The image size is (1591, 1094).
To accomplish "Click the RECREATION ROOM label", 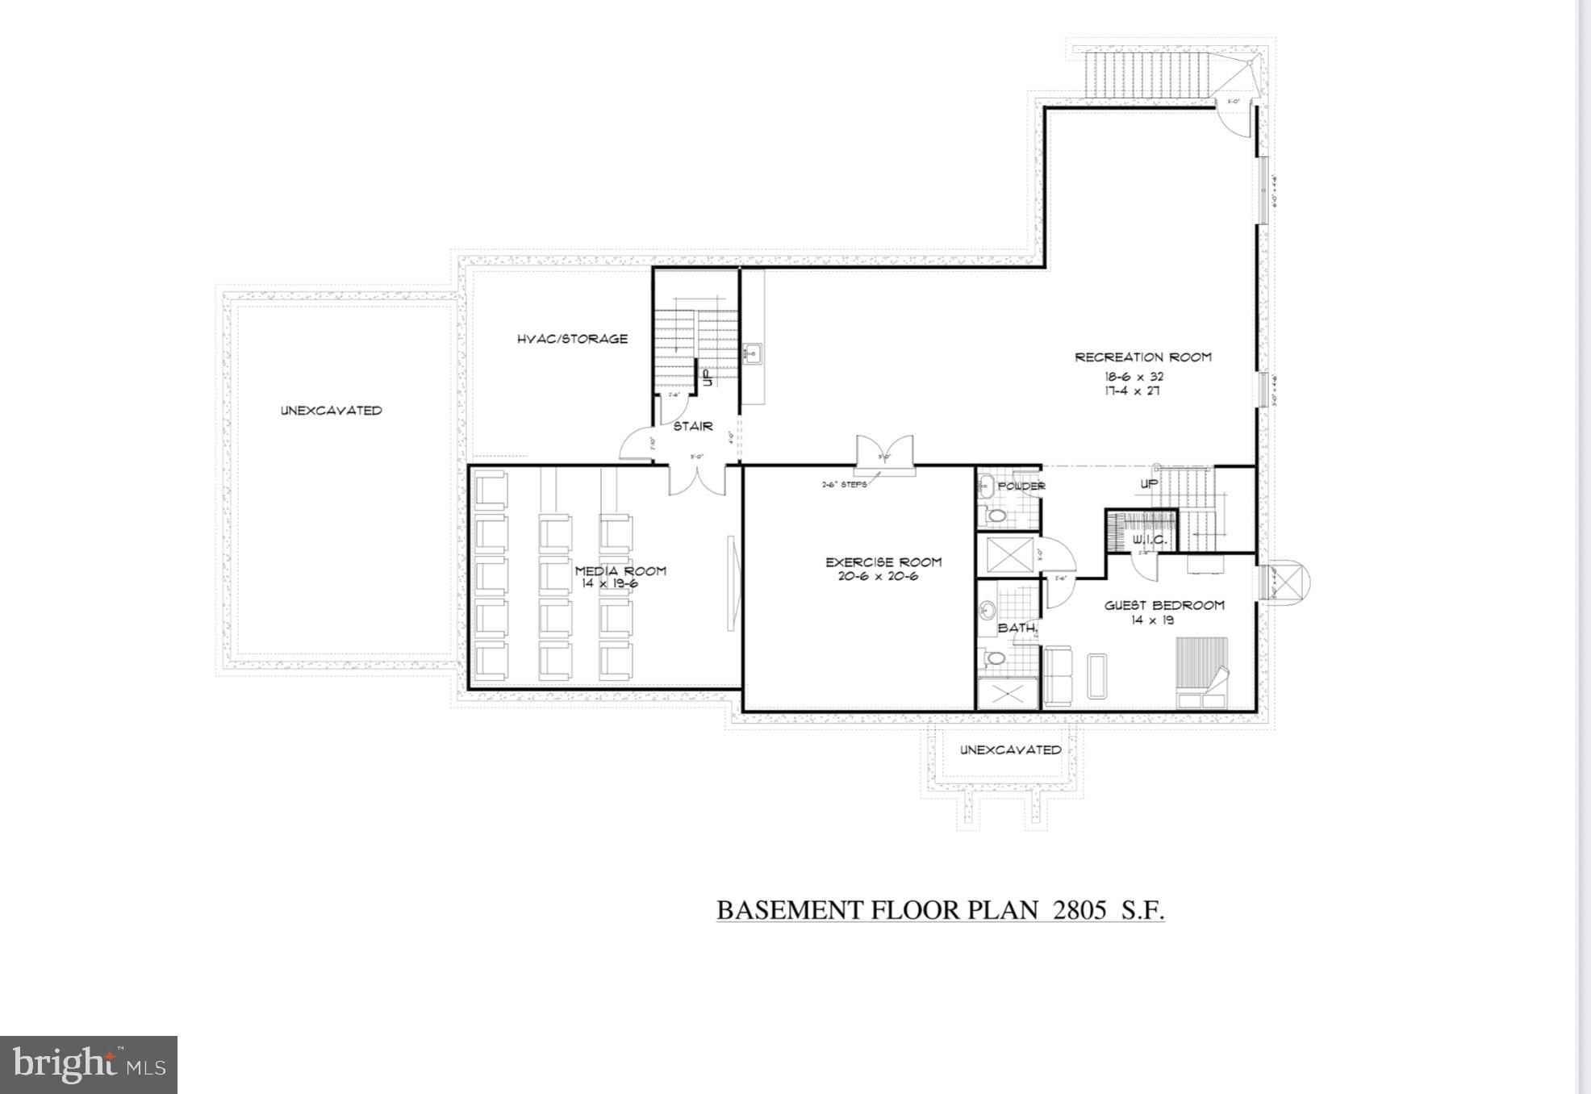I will tap(1142, 357).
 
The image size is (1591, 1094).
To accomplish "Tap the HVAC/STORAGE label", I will tap(572, 340).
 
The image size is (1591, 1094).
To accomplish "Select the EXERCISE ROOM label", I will tap(883, 562).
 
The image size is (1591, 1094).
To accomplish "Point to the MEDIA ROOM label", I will tap(620, 571).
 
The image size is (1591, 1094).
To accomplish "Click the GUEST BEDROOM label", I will tap(1164, 606).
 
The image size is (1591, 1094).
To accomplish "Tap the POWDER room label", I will tap(1021, 486).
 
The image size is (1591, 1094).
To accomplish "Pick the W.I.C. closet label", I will tap(1146, 539).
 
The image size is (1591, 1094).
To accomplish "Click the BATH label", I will tap(1017, 628).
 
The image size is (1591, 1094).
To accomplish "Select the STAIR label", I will tap(693, 427).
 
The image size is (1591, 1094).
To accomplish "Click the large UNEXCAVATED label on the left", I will tap(331, 411).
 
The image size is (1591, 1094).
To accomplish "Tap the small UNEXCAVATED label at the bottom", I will tap(1010, 750).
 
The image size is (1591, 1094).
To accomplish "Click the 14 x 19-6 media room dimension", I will tap(609, 583).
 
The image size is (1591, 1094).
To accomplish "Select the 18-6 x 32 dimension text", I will tap(1134, 377).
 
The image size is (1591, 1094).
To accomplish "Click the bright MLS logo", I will tap(89, 1065).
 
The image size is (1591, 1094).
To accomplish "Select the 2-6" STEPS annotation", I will tap(844, 485).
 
